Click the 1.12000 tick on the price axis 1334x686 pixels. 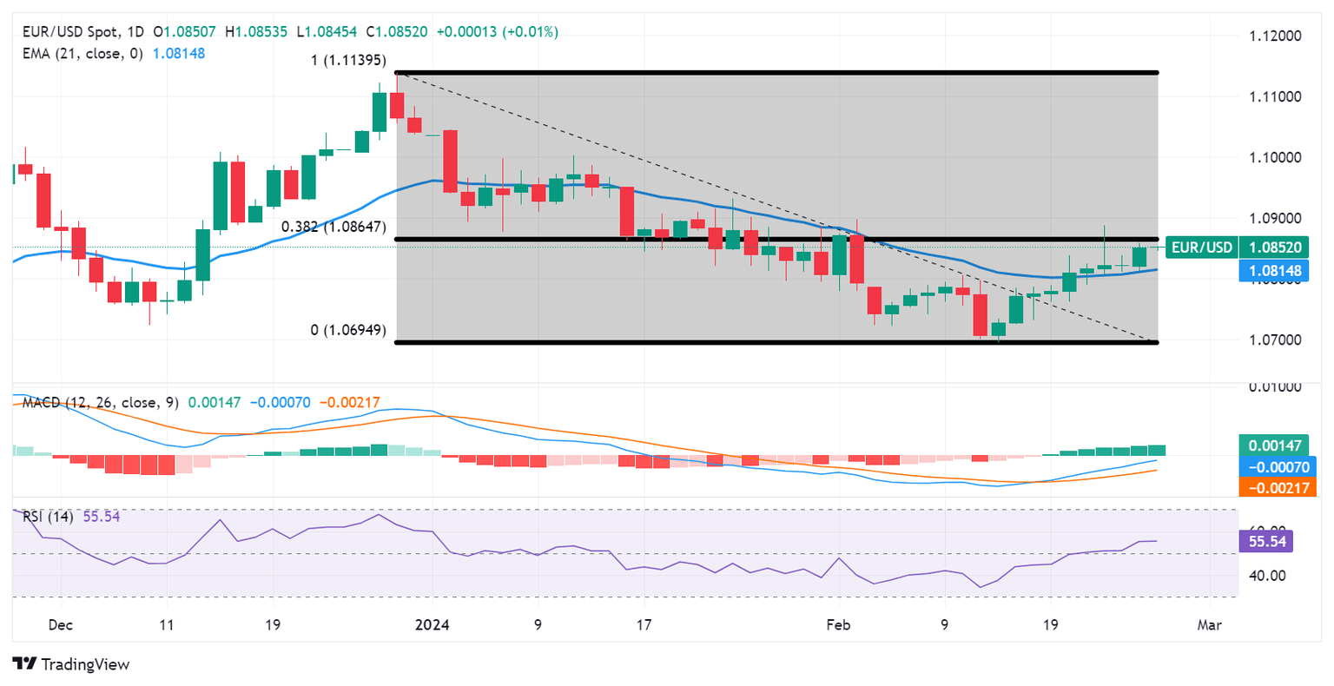(1274, 36)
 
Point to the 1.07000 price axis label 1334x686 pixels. (1274, 339)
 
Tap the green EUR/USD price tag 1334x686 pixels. (1201, 247)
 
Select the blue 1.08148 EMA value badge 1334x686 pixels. (1274, 271)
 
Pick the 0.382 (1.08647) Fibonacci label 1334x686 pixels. (333, 227)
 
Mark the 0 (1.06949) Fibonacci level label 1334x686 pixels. (348, 331)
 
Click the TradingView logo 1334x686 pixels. (72, 664)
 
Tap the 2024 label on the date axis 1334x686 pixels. (432, 624)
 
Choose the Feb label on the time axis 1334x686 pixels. (838, 624)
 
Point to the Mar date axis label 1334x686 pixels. (1209, 624)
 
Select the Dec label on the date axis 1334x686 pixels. (60, 624)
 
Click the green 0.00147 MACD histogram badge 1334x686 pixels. (1274, 445)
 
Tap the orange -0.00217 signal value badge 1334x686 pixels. (1274, 488)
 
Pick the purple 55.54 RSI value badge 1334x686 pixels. (1266, 542)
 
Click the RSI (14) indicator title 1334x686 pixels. (48, 517)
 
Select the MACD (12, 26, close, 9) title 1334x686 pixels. (100, 403)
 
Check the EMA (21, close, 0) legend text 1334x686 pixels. (83, 53)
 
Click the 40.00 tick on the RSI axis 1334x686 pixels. (1267, 575)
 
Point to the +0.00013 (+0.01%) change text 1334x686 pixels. (497, 32)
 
